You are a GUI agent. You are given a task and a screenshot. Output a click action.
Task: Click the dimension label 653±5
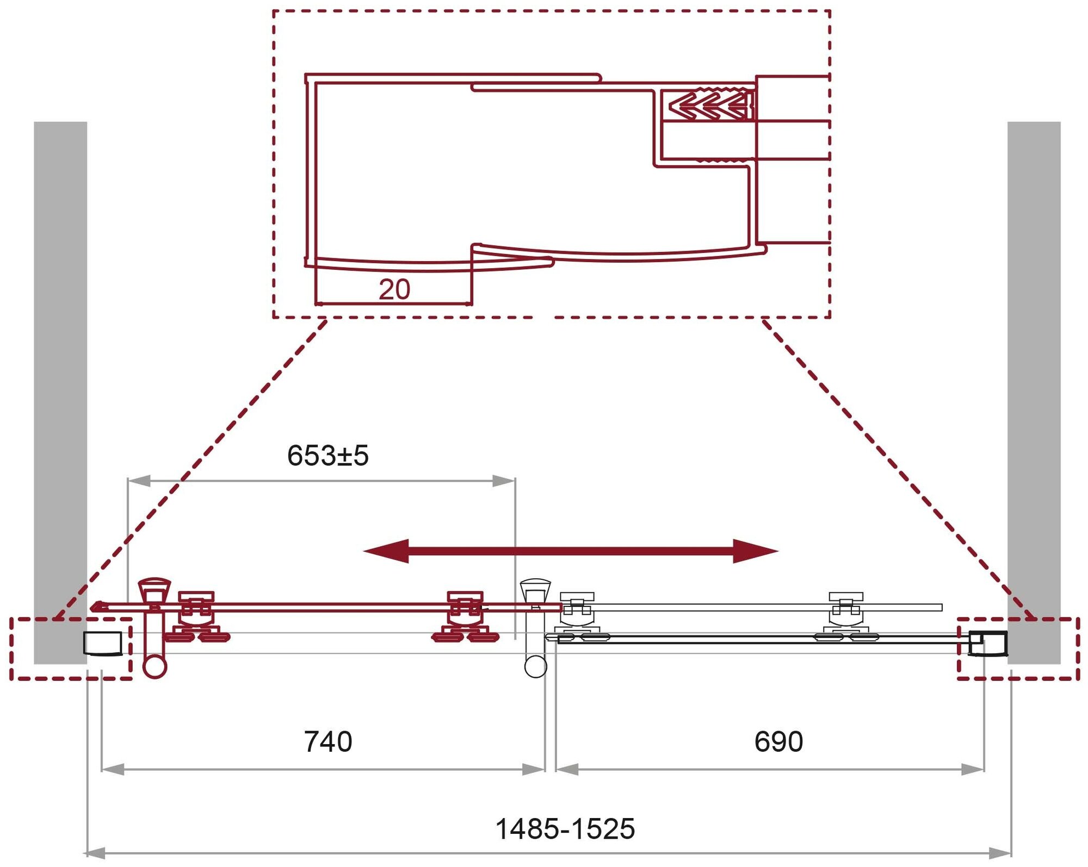click(327, 456)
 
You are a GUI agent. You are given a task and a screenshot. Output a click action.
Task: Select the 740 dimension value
click(327, 742)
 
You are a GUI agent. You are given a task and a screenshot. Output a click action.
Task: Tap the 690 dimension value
click(778, 742)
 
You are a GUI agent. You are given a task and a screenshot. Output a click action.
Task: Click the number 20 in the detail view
click(394, 289)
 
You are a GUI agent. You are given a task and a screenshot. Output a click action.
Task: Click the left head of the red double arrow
click(387, 551)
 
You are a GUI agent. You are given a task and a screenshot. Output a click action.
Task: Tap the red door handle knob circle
click(154, 667)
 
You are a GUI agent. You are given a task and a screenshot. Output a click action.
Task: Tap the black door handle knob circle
click(535, 666)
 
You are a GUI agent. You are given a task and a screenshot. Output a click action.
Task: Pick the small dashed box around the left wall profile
click(71, 648)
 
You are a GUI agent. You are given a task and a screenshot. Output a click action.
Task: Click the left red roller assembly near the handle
click(196, 617)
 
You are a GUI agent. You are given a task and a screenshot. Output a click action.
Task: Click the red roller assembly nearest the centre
click(465, 617)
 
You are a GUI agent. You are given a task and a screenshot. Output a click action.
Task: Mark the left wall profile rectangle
click(102, 643)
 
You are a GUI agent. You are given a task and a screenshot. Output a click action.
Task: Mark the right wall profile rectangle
click(988, 643)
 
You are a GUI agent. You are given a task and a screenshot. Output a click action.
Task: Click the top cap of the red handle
click(154, 589)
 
